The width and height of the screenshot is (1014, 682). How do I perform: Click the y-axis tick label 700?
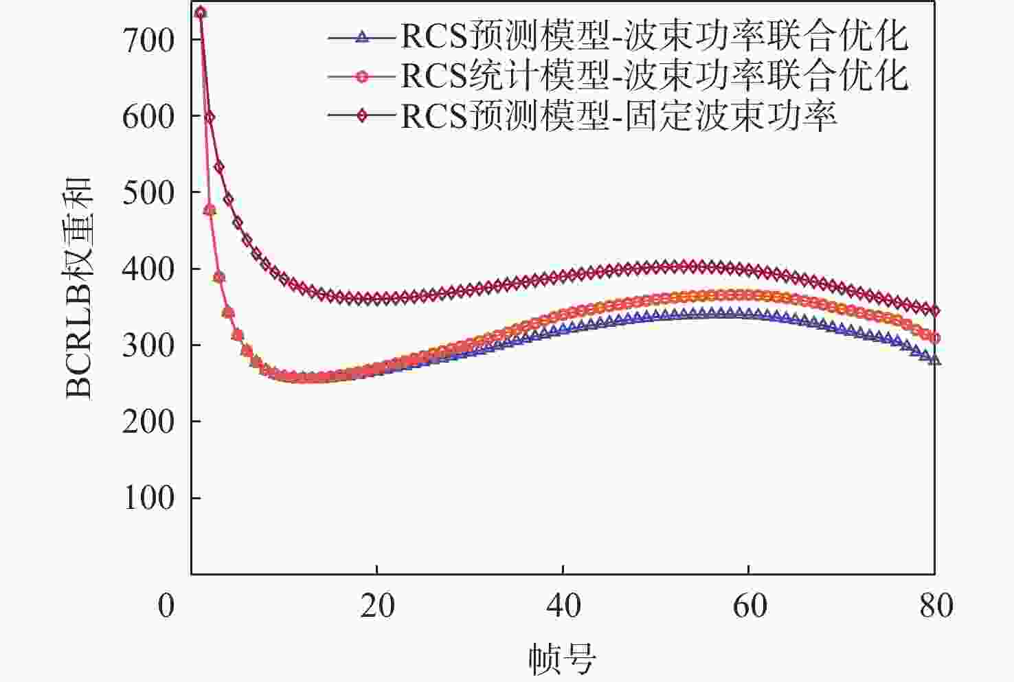click(148, 41)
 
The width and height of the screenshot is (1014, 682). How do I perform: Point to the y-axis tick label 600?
click(148, 116)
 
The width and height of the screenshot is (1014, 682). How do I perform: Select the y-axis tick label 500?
click(148, 192)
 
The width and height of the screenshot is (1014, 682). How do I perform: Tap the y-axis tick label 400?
click(148, 269)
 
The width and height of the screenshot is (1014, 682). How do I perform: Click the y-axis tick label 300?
click(148, 345)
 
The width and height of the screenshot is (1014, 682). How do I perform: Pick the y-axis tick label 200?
click(148, 421)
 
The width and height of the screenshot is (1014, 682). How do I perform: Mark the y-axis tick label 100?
click(148, 497)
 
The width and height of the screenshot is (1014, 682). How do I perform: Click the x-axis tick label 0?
click(166, 606)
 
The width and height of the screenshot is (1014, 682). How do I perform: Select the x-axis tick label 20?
click(377, 606)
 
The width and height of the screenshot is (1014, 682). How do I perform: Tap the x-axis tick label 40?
click(563, 606)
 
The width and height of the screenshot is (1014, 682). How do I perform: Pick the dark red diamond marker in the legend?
click(363, 116)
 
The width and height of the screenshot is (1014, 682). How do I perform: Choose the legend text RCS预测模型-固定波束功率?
click(618, 116)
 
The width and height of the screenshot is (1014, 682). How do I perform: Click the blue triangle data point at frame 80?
click(934, 359)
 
